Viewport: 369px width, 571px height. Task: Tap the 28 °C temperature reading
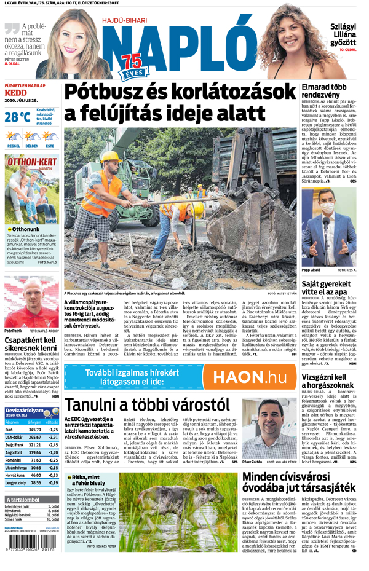click(17, 117)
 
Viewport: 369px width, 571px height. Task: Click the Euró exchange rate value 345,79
click(30, 429)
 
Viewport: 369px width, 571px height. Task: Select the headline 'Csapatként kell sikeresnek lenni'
click(31, 342)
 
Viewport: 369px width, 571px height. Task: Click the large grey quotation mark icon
click(12, 28)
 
